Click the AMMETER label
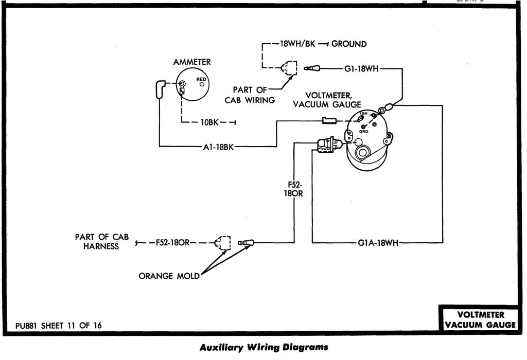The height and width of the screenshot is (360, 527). tap(191, 62)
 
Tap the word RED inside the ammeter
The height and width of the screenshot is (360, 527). tap(201, 79)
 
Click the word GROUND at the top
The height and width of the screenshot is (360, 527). tap(349, 44)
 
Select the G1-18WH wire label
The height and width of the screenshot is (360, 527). tap(361, 68)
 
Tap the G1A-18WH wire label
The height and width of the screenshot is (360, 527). tap(376, 243)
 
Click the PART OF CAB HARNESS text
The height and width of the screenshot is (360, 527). tap(101, 242)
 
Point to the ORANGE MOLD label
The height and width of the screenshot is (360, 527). tap(169, 276)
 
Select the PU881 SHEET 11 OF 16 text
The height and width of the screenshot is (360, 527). tap(59, 325)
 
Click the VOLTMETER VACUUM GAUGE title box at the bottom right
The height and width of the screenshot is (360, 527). tap(480, 319)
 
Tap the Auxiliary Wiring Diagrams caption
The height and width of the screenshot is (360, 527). tap(263, 347)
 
